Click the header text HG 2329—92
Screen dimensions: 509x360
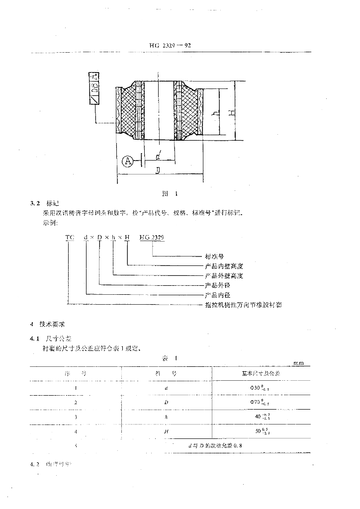[170, 45]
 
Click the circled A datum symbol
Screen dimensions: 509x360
[128, 161]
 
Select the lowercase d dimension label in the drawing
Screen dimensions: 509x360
[158, 157]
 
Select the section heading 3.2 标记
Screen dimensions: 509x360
[45, 203]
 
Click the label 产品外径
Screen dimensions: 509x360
[217, 285]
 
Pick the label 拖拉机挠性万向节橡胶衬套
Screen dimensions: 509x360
[243, 304]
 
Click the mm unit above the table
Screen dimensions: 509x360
[298, 363]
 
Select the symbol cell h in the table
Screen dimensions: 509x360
[166, 416]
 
